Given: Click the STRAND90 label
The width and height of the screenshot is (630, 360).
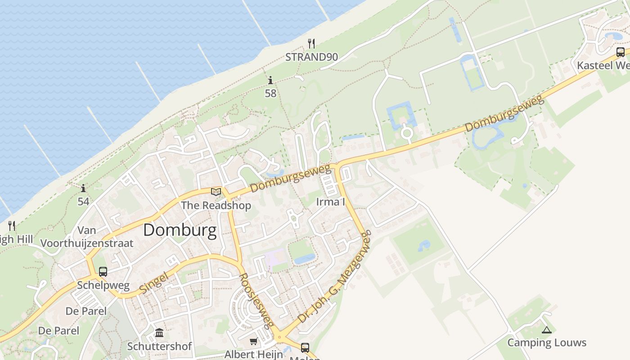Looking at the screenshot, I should (x=311, y=57).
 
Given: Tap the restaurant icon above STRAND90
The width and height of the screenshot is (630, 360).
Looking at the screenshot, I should (x=311, y=44).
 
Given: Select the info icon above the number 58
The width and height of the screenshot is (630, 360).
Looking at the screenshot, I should (x=270, y=81).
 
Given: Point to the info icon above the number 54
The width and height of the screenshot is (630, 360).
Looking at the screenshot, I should (x=83, y=189).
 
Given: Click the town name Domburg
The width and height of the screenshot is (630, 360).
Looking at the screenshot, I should (x=180, y=230).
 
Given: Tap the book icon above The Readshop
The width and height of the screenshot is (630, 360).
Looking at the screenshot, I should (x=216, y=192).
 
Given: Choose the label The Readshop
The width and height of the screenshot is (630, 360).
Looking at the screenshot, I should (x=216, y=206).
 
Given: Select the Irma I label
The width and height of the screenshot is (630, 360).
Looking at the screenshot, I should (x=330, y=202).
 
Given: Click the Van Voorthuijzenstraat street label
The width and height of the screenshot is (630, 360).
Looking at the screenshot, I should (x=87, y=237).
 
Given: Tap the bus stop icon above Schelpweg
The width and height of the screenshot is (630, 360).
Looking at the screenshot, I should (x=103, y=272).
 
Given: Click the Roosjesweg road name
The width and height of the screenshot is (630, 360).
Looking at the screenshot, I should (x=256, y=300).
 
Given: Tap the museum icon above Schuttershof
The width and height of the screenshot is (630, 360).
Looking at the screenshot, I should (x=159, y=333).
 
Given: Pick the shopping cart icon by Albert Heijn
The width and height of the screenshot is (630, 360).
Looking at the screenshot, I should (x=254, y=342).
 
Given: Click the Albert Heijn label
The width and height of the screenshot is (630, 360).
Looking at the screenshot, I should (x=254, y=354).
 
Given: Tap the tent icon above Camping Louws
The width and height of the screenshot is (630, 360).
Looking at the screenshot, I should (x=546, y=330).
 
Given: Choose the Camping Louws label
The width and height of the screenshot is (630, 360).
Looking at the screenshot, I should (x=547, y=343).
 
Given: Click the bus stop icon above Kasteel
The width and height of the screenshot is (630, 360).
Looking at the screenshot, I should (x=620, y=52).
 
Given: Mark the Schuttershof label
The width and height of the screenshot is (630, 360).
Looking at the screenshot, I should (x=159, y=346).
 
